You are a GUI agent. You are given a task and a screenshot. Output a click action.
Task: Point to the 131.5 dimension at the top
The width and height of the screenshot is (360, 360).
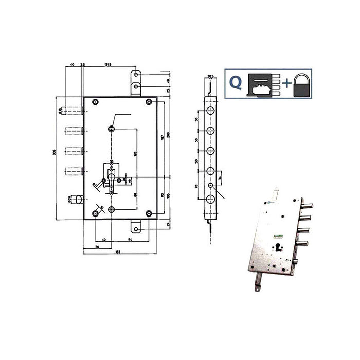coord(107,65)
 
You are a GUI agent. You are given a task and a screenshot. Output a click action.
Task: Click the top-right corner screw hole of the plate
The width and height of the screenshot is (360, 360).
coord(148,101)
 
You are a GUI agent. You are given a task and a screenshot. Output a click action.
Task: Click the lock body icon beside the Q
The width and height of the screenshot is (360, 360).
coord(263,85)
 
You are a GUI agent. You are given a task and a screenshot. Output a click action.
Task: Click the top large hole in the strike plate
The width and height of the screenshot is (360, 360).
coord(210,112)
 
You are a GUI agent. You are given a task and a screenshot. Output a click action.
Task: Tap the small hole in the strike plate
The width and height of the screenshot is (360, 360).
coord(210,186)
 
